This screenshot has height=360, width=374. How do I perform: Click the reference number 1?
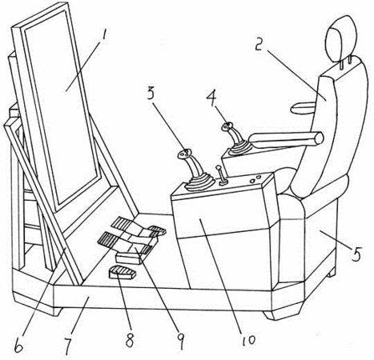(x=102, y=36)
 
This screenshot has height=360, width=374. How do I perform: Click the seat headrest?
(x=342, y=40)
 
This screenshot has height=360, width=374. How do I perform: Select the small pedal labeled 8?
(x=123, y=273)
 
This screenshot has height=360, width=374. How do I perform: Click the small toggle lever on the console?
(x=221, y=176)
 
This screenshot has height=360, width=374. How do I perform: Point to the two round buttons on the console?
(x=255, y=179)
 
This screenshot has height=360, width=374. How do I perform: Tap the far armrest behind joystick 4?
(x=304, y=108)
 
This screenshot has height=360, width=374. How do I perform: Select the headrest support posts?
(x=345, y=63)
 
